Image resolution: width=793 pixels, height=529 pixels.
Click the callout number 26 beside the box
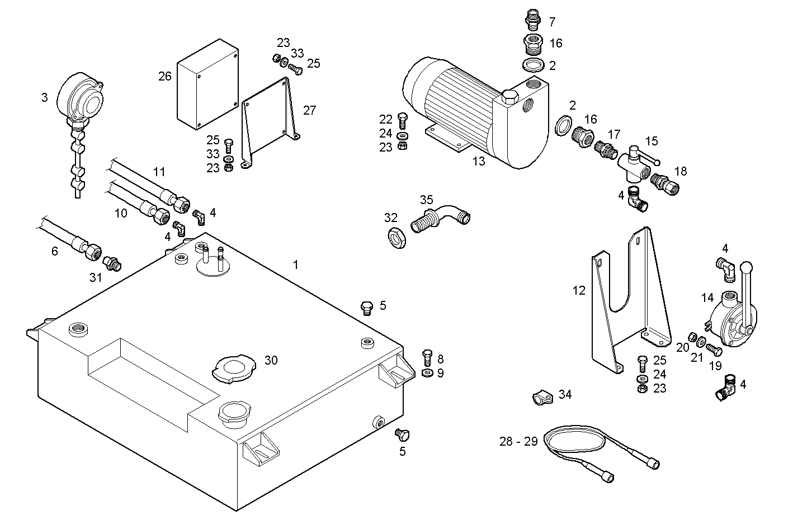click(x=164, y=76)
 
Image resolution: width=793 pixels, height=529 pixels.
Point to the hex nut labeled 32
click(x=396, y=238)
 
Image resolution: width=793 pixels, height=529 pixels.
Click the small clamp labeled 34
click(x=541, y=398)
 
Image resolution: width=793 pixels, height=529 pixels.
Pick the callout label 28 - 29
click(x=518, y=441)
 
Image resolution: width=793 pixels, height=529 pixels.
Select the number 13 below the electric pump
click(x=479, y=162)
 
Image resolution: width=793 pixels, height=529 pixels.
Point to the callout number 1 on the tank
click(x=296, y=264)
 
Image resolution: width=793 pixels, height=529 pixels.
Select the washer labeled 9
click(x=426, y=373)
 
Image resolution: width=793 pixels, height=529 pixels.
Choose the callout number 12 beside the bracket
click(x=579, y=290)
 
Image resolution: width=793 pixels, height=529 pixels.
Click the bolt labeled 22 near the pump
click(x=402, y=119)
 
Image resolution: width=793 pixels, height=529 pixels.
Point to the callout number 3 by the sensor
click(x=44, y=97)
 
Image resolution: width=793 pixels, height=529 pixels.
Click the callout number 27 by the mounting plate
click(x=309, y=110)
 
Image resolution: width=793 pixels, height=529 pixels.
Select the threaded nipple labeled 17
click(x=603, y=150)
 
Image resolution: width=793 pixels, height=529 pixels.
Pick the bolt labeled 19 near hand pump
click(x=714, y=349)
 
